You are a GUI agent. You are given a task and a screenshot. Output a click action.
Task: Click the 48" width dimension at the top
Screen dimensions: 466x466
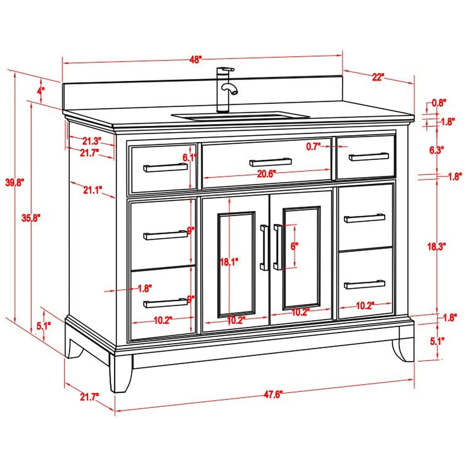pyautogui.click(x=195, y=60)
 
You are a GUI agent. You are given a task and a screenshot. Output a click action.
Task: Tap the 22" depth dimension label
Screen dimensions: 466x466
pyautogui.click(x=378, y=77)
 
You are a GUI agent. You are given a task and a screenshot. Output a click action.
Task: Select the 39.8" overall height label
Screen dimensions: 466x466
pyautogui.click(x=15, y=183)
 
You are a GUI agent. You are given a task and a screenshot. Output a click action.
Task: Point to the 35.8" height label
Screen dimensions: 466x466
pyautogui.click(x=31, y=218)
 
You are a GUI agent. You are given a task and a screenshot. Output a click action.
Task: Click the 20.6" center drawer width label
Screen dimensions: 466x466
pyautogui.click(x=266, y=174)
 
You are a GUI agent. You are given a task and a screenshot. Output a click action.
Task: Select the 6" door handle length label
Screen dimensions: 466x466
pyautogui.click(x=294, y=247)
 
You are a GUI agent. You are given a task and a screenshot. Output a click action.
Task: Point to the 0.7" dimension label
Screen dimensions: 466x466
pyautogui.click(x=313, y=147)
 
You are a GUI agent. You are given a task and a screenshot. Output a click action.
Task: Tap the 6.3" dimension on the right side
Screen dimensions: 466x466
pyautogui.click(x=437, y=150)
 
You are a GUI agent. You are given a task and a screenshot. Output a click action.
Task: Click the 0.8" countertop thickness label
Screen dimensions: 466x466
pyautogui.click(x=439, y=103)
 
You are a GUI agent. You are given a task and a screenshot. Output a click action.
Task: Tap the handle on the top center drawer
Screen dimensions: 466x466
pyautogui.click(x=271, y=162)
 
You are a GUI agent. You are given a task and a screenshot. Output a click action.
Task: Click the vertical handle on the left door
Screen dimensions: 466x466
pyautogui.click(x=264, y=247)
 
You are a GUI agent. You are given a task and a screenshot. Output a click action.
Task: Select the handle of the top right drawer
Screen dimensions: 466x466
pyautogui.click(x=369, y=157)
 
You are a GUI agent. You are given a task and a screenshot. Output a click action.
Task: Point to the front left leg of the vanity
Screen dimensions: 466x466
pyautogui.click(x=121, y=374)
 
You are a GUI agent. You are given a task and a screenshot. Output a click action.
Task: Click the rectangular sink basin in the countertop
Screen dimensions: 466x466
pyautogui.click(x=240, y=116)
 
